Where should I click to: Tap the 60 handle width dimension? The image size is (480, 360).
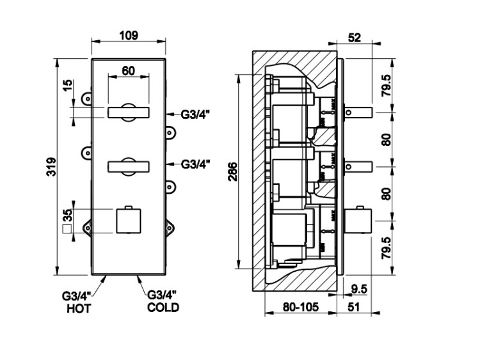tap(129, 71)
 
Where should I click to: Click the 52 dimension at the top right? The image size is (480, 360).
tap(354, 38)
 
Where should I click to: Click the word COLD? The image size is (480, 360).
tap(163, 308)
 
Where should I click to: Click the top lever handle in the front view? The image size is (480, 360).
tap(129, 113)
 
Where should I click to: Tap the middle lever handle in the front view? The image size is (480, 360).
tap(129, 166)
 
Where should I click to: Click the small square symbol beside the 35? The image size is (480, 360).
tap(65, 227)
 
